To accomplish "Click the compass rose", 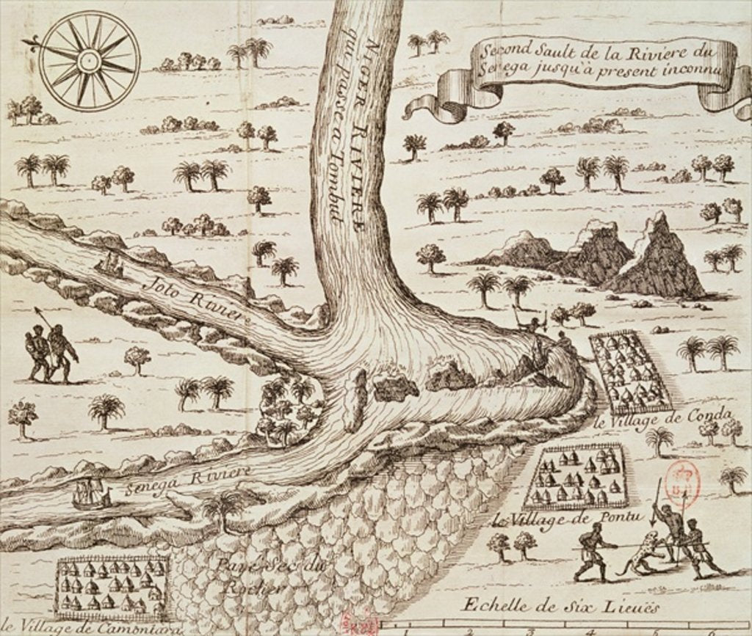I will [x=89, y=61].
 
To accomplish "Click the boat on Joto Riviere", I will [x=110, y=265].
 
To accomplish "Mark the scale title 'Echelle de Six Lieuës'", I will [x=560, y=606].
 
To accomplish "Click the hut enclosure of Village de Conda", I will [x=629, y=372].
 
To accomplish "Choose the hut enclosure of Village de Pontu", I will [x=577, y=477].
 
